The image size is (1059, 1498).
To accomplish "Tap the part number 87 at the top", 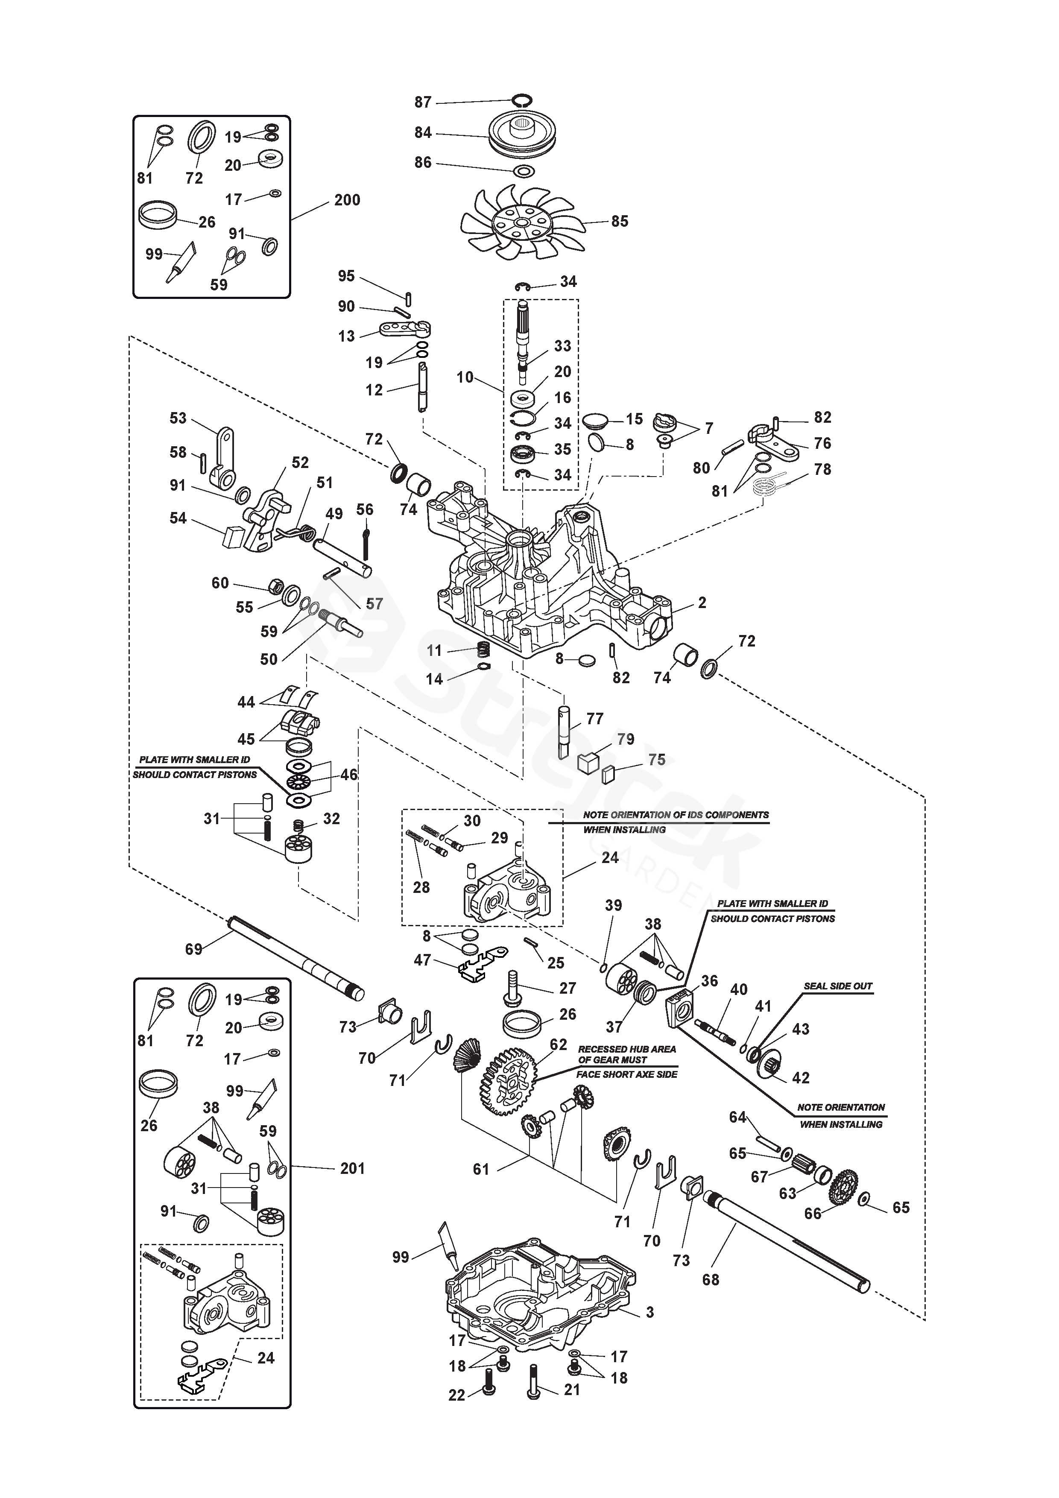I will coord(423,102).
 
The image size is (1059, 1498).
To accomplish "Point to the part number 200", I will coord(347,200).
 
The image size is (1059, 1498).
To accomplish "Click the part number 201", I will coord(352,1168).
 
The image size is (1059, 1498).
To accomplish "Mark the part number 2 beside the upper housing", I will coord(702,603).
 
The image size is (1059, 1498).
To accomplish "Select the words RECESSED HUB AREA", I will coord(627,1049).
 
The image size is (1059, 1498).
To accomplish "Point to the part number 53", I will coord(178,418).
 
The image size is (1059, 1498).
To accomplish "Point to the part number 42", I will coord(801,1078).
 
